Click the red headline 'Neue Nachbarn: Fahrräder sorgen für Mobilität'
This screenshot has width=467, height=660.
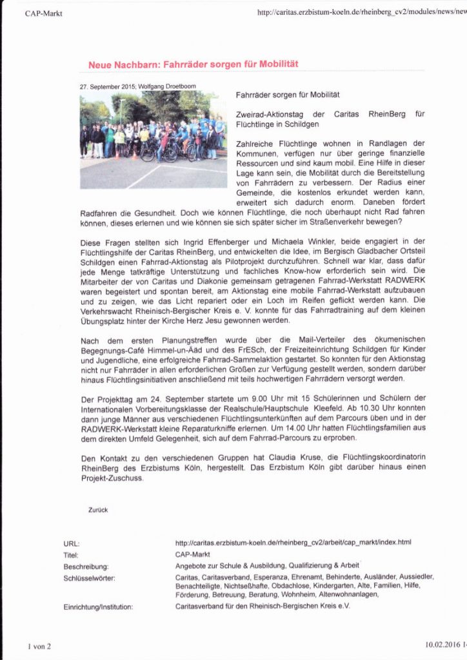[x=192, y=65]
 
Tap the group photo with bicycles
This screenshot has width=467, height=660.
[x=153, y=139]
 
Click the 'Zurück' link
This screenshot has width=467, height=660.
[x=98, y=509]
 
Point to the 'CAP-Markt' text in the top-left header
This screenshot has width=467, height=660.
[x=44, y=14]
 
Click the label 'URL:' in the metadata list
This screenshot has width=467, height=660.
[x=72, y=544]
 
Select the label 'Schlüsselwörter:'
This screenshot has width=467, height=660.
[x=90, y=577]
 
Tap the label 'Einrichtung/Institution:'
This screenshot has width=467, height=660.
[x=99, y=607]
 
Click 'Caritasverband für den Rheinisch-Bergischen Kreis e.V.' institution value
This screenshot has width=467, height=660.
[x=263, y=607]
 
